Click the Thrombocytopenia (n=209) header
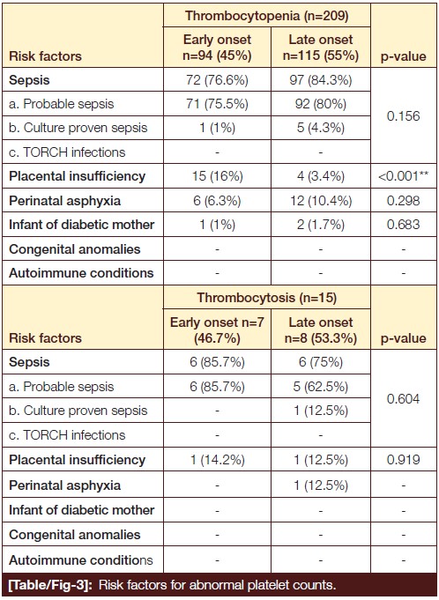pyautogui.click(x=267, y=16)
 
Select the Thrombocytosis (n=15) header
pyautogui.click(x=267, y=298)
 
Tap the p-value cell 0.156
pyautogui.click(x=404, y=116)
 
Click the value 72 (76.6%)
pyautogui.click(x=217, y=80)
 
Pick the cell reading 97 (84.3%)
pyautogui.click(x=321, y=80)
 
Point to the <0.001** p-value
pyautogui.click(x=404, y=176)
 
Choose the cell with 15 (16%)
pyautogui.click(x=217, y=176)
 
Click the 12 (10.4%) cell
pyautogui.click(x=321, y=201)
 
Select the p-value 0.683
pyautogui.click(x=404, y=225)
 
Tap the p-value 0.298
pyautogui.click(x=404, y=201)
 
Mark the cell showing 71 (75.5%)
pyautogui.click(x=217, y=104)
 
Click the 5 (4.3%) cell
pyautogui.click(x=321, y=128)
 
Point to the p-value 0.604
pyautogui.click(x=404, y=399)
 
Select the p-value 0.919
pyautogui.click(x=404, y=460)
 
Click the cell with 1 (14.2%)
pyautogui.click(x=217, y=460)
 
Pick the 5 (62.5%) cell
pyautogui.click(x=321, y=387)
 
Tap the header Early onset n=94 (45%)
pyautogui.click(x=217, y=48)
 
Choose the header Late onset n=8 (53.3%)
pyautogui.click(x=321, y=330)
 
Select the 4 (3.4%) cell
pyautogui.click(x=321, y=176)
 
